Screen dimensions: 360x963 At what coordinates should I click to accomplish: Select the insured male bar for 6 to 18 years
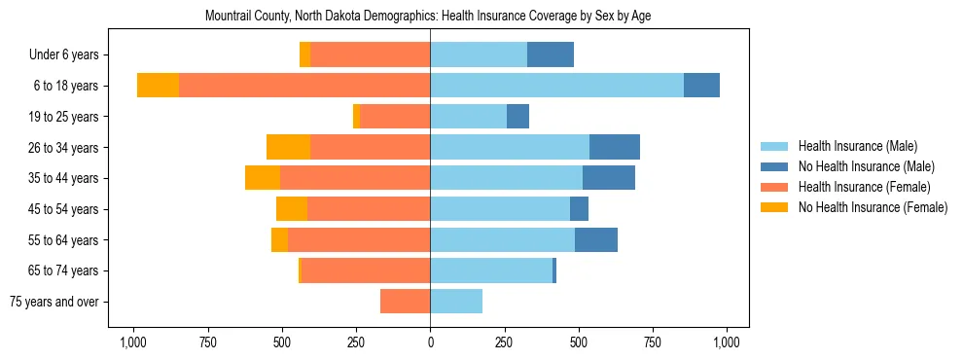[556, 86]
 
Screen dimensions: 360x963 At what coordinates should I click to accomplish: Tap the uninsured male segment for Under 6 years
[550, 54]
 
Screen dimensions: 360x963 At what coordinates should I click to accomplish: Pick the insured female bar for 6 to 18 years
[304, 86]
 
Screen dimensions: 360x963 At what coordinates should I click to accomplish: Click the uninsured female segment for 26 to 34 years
[288, 147]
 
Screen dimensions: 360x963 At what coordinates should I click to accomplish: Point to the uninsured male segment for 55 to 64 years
[595, 239]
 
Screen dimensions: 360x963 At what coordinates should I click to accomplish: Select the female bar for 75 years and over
[405, 302]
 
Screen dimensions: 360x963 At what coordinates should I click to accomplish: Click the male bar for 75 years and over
[456, 302]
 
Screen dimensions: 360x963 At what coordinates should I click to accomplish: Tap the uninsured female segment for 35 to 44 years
[263, 178]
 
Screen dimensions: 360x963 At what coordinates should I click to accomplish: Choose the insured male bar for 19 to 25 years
[468, 117]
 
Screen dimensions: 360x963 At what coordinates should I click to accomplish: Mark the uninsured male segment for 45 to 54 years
[579, 209]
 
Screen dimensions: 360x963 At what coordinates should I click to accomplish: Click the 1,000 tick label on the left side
[132, 342]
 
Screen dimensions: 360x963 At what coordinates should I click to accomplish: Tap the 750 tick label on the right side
[653, 342]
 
